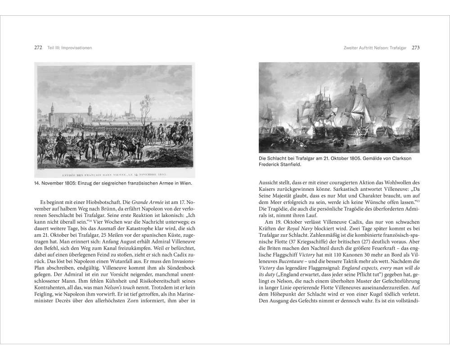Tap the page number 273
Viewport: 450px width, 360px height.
pos(415,47)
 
